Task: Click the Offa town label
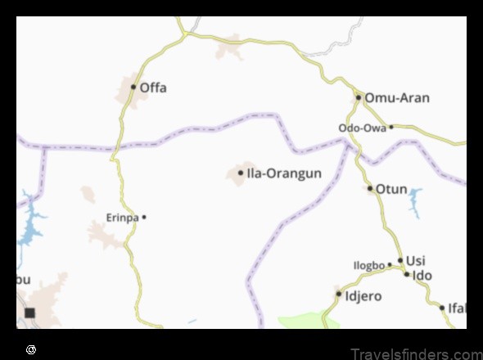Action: (153, 87)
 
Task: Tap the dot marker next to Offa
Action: (133, 86)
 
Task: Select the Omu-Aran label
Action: (396, 97)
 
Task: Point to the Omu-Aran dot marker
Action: (359, 97)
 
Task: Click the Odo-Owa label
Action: (362, 128)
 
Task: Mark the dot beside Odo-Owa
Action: (391, 127)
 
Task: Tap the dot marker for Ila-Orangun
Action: (241, 173)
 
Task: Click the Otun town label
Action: (391, 189)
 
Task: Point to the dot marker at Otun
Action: (370, 189)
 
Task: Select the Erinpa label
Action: (122, 218)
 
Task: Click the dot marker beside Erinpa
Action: (144, 217)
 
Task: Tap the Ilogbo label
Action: (368, 265)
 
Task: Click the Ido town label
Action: (422, 275)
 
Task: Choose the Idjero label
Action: (361, 293)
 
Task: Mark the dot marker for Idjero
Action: (339, 293)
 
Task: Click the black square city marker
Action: (29, 313)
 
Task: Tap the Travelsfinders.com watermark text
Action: (415, 353)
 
